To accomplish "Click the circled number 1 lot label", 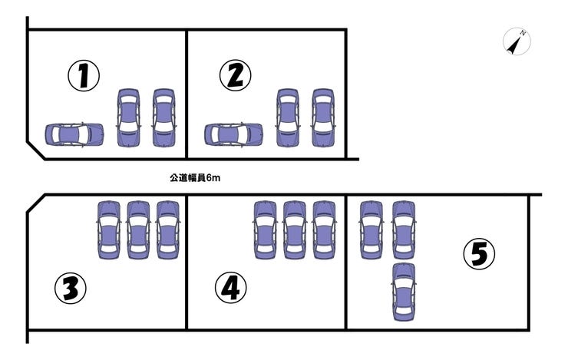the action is pyautogui.click(x=84, y=76).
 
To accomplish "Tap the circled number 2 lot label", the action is pyautogui.click(x=236, y=75).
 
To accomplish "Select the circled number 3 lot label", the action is pyautogui.click(x=71, y=288).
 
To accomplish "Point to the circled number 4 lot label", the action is pyautogui.click(x=231, y=288).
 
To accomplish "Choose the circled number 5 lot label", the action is pyautogui.click(x=479, y=254).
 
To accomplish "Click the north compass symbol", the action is pyautogui.click(x=517, y=41).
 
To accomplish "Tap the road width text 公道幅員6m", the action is pyautogui.click(x=195, y=178).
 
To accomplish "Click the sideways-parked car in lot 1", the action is pyautogui.click(x=74, y=135).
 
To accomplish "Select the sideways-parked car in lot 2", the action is pyautogui.click(x=233, y=135).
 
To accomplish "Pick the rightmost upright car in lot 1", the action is pyautogui.click(x=163, y=117).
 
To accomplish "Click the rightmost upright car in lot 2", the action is pyautogui.click(x=323, y=117).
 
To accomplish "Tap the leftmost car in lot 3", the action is pyautogui.click(x=109, y=230).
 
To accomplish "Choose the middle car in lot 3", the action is pyautogui.click(x=138, y=230).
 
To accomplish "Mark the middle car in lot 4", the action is pyautogui.click(x=294, y=230).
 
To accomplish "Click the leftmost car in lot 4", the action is pyautogui.click(x=265, y=230).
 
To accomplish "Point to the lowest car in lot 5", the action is pyautogui.click(x=404, y=292).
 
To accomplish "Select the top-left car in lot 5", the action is pyautogui.click(x=372, y=230).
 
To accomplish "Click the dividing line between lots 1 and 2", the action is pyautogui.click(x=187, y=94).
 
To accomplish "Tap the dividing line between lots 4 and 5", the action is pyautogui.click(x=346, y=263).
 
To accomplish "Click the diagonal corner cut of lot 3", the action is pyautogui.click(x=36, y=203).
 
